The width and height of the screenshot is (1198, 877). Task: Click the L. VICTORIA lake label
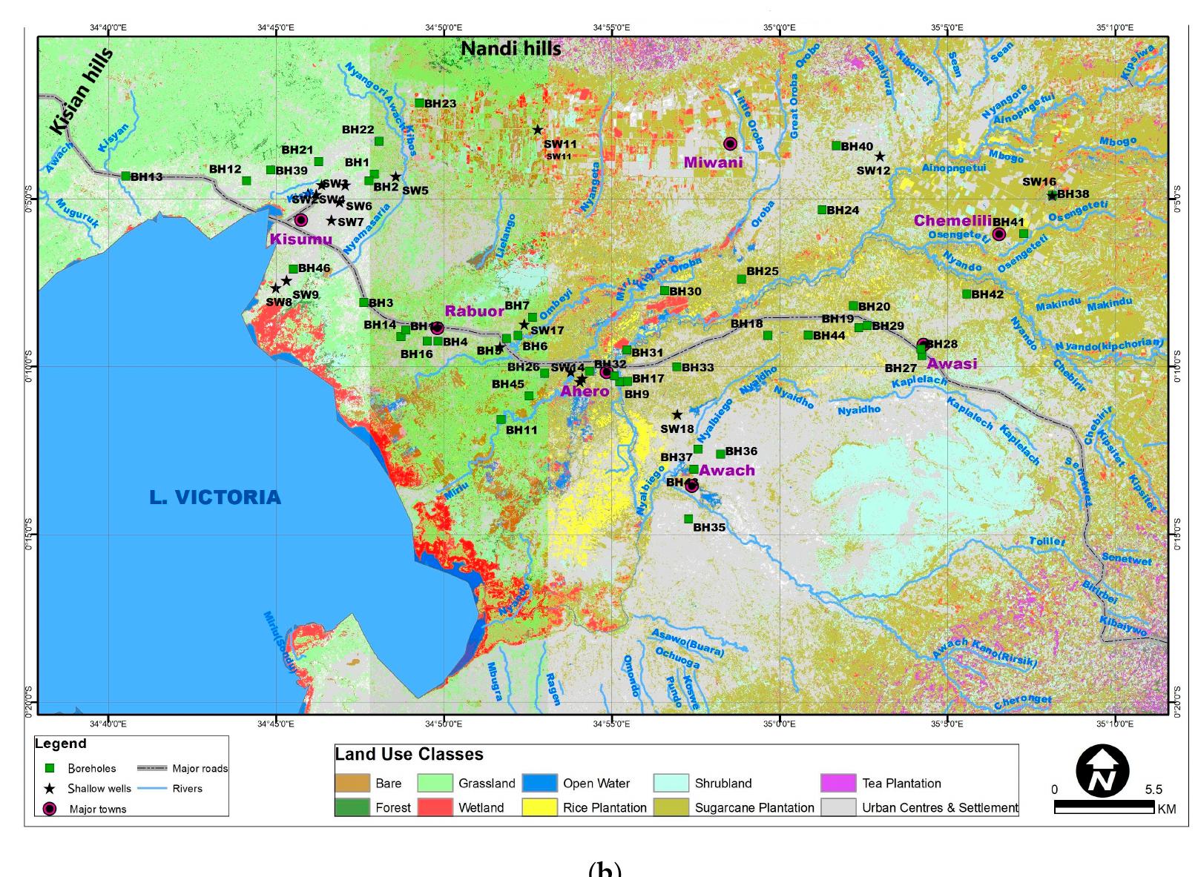[x=215, y=497]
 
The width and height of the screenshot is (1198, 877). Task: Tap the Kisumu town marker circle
[x=300, y=220]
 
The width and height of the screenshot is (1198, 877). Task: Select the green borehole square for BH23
[x=419, y=103]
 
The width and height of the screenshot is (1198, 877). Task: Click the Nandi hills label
[x=510, y=48]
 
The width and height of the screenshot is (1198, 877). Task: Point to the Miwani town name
[x=713, y=162]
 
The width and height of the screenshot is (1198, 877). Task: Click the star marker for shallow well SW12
[x=880, y=156]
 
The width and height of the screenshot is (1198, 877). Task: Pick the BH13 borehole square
[x=125, y=176]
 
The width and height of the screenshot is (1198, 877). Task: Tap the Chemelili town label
[x=952, y=221]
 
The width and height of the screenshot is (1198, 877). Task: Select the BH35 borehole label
[x=709, y=528]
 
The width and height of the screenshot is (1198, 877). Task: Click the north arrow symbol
[x=1102, y=772]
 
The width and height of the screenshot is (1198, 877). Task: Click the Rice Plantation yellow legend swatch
[x=539, y=807]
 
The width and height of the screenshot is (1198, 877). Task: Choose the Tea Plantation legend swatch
[x=838, y=783]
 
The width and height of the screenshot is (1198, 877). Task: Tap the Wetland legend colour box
[x=435, y=807]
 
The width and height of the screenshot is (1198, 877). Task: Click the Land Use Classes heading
[x=409, y=755]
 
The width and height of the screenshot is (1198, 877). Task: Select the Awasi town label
[x=952, y=364]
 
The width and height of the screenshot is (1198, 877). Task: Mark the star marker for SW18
[x=677, y=414]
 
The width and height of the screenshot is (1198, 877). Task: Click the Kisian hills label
[x=82, y=91]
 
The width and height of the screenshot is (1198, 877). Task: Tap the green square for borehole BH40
[x=836, y=145]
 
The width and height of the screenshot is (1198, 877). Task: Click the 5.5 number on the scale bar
[x=1153, y=790]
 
